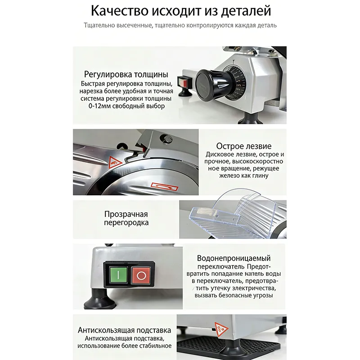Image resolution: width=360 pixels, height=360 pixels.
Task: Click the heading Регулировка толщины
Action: click(x=126, y=74)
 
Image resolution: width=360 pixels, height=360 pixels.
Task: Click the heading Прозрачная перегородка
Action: click(x=126, y=218)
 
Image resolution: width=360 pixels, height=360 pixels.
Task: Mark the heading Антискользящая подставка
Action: click(x=124, y=329)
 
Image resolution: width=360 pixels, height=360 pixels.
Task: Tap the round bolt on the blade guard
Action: click(x=168, y=138)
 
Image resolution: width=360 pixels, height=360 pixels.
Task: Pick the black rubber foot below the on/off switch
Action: click(x=100, y=298)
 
